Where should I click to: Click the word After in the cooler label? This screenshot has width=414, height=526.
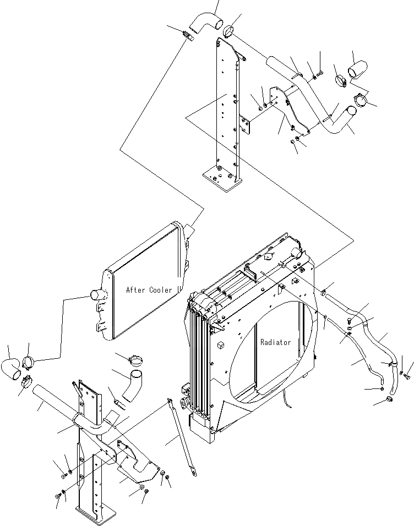click(136, 289)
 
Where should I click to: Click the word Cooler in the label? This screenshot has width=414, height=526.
click(161, 289)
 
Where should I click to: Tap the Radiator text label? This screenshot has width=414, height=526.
click(275, 342)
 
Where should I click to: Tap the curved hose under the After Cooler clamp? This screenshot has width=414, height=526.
click(132, 385)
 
